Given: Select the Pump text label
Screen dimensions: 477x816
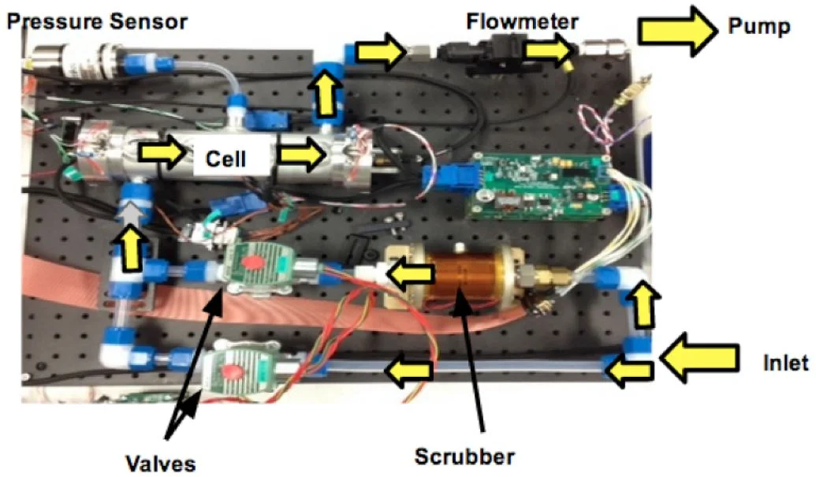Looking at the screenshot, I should click(758, 28).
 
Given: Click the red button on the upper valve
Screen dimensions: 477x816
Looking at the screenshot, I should click(255, 262).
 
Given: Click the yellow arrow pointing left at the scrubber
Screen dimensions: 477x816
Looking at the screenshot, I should click(413, 274).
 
